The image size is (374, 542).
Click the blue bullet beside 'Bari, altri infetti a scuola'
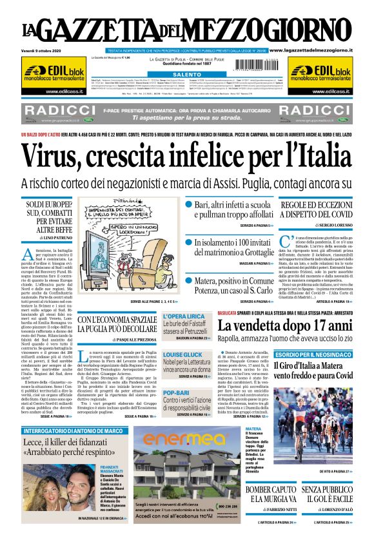click(188, 204)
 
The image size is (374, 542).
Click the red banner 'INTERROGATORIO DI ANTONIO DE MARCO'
click(63, 431)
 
